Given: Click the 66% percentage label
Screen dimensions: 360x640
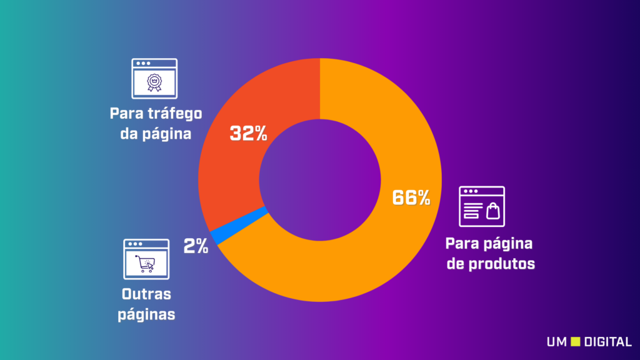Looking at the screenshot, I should pos(411,198).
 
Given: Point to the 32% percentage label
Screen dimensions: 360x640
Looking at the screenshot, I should pos(248,133).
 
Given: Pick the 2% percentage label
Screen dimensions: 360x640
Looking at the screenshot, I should pos(196,246).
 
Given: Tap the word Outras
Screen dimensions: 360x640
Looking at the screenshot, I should pos(147,294).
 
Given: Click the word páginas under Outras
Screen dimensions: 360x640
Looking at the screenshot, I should pos(147,314).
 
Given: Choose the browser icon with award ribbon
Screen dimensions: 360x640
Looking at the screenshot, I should pos(154,79).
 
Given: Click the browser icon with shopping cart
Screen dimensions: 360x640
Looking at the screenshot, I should pos(146,259).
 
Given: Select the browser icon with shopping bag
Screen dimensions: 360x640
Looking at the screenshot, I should pos(482,206).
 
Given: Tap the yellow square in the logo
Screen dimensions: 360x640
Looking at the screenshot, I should pos(576,342).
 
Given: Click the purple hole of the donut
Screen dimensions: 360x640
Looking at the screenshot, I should pos(319,181).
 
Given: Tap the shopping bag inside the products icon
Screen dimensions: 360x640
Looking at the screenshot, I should pos(494,211).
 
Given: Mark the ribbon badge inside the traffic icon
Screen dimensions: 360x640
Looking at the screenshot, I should pos(154,82).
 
